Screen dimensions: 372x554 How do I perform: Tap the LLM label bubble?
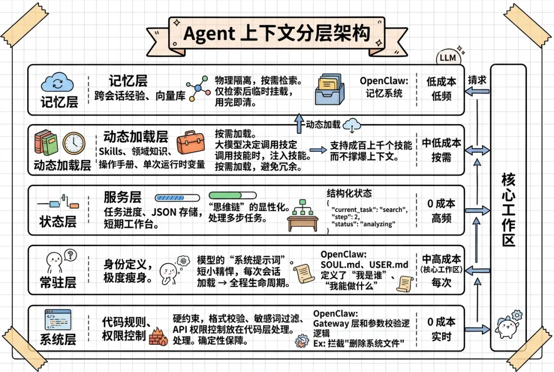pos(448,58)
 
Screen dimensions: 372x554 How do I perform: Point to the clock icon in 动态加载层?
pos(74,143)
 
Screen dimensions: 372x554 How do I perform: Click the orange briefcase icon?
pos(190,143)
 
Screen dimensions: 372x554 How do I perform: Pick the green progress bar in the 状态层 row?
pos(232,196)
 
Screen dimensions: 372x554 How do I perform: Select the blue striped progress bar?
pos(177,197)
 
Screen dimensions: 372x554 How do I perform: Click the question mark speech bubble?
pos(71,254)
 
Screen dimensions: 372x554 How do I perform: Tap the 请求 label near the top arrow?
pos(477,81)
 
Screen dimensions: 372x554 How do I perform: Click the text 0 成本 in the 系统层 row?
pos(441,322)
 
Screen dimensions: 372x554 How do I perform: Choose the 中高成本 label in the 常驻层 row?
pos(441,259)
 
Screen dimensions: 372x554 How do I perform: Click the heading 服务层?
pos(122,197)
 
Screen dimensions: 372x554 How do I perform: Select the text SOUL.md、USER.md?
pos(364,265)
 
